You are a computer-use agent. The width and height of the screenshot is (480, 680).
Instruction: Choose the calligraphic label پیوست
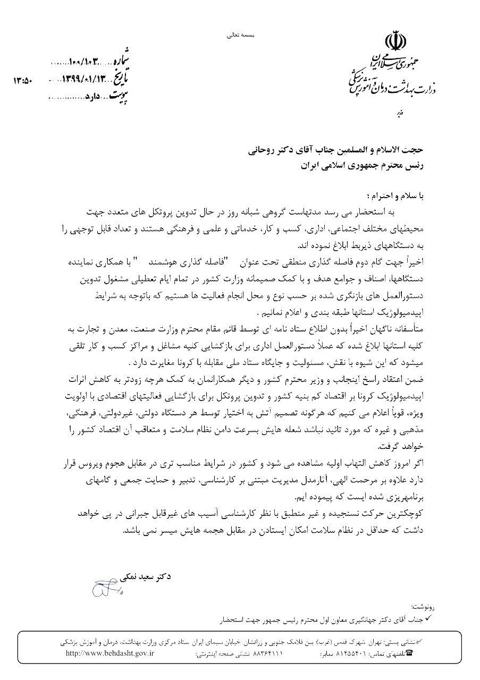point(120,97)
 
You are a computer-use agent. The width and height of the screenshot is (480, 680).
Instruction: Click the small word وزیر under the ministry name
point(402,113)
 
